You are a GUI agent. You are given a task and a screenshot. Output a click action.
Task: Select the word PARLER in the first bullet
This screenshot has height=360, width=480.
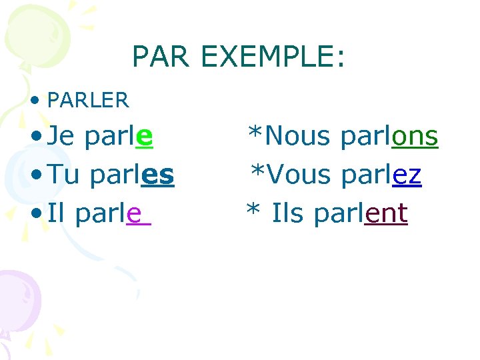tap(88, 101)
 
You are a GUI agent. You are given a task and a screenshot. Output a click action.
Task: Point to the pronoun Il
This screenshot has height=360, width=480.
tap(58, 213)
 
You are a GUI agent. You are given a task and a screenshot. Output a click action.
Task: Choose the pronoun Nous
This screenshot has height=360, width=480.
tap(299, 137)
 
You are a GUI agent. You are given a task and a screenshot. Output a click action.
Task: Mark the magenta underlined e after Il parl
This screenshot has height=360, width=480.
tap(134, 215)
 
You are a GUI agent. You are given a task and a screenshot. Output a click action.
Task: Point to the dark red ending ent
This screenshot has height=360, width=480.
tap(386, 215)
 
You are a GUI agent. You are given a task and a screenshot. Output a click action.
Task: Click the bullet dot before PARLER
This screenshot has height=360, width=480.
tap(36, 101)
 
